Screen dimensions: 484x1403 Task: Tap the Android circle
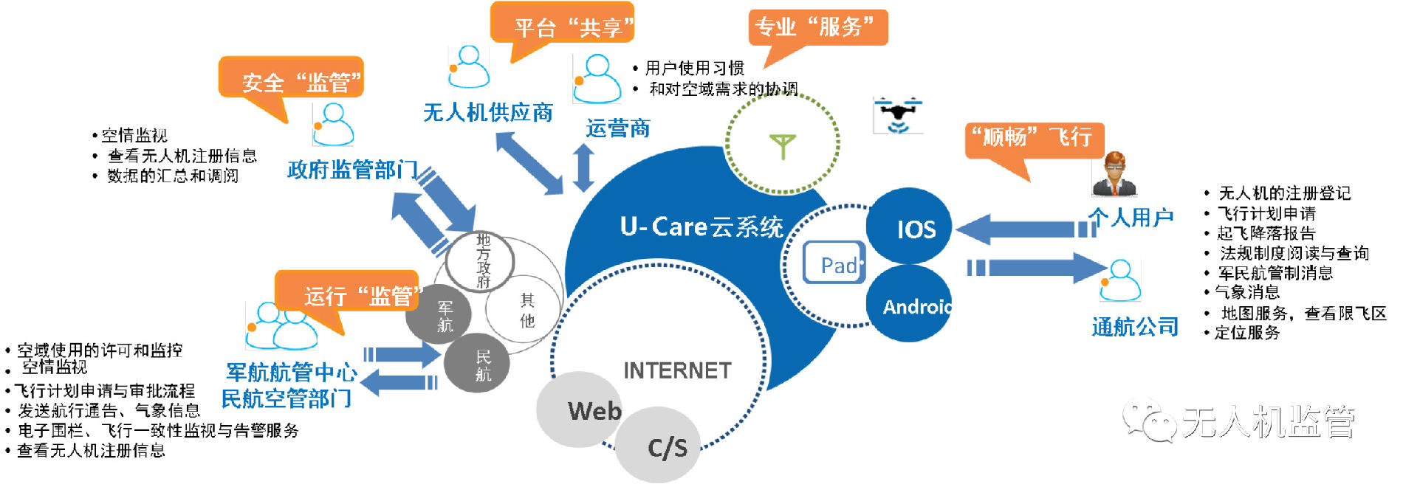point(910,305)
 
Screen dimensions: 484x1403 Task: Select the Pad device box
point(834,263)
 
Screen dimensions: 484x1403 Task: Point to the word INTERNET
point(677,370)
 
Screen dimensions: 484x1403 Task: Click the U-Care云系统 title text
point(701,227)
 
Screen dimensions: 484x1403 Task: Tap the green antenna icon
point(782,145)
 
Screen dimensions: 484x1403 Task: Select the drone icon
point(897,115)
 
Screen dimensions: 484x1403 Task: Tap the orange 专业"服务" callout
point(817,28)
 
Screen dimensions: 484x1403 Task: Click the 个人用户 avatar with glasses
point(1114,175)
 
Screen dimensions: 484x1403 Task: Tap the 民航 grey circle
point(478,364)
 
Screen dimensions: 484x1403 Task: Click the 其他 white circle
point(525,310)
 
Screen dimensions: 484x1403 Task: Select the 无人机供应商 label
point(488,113)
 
